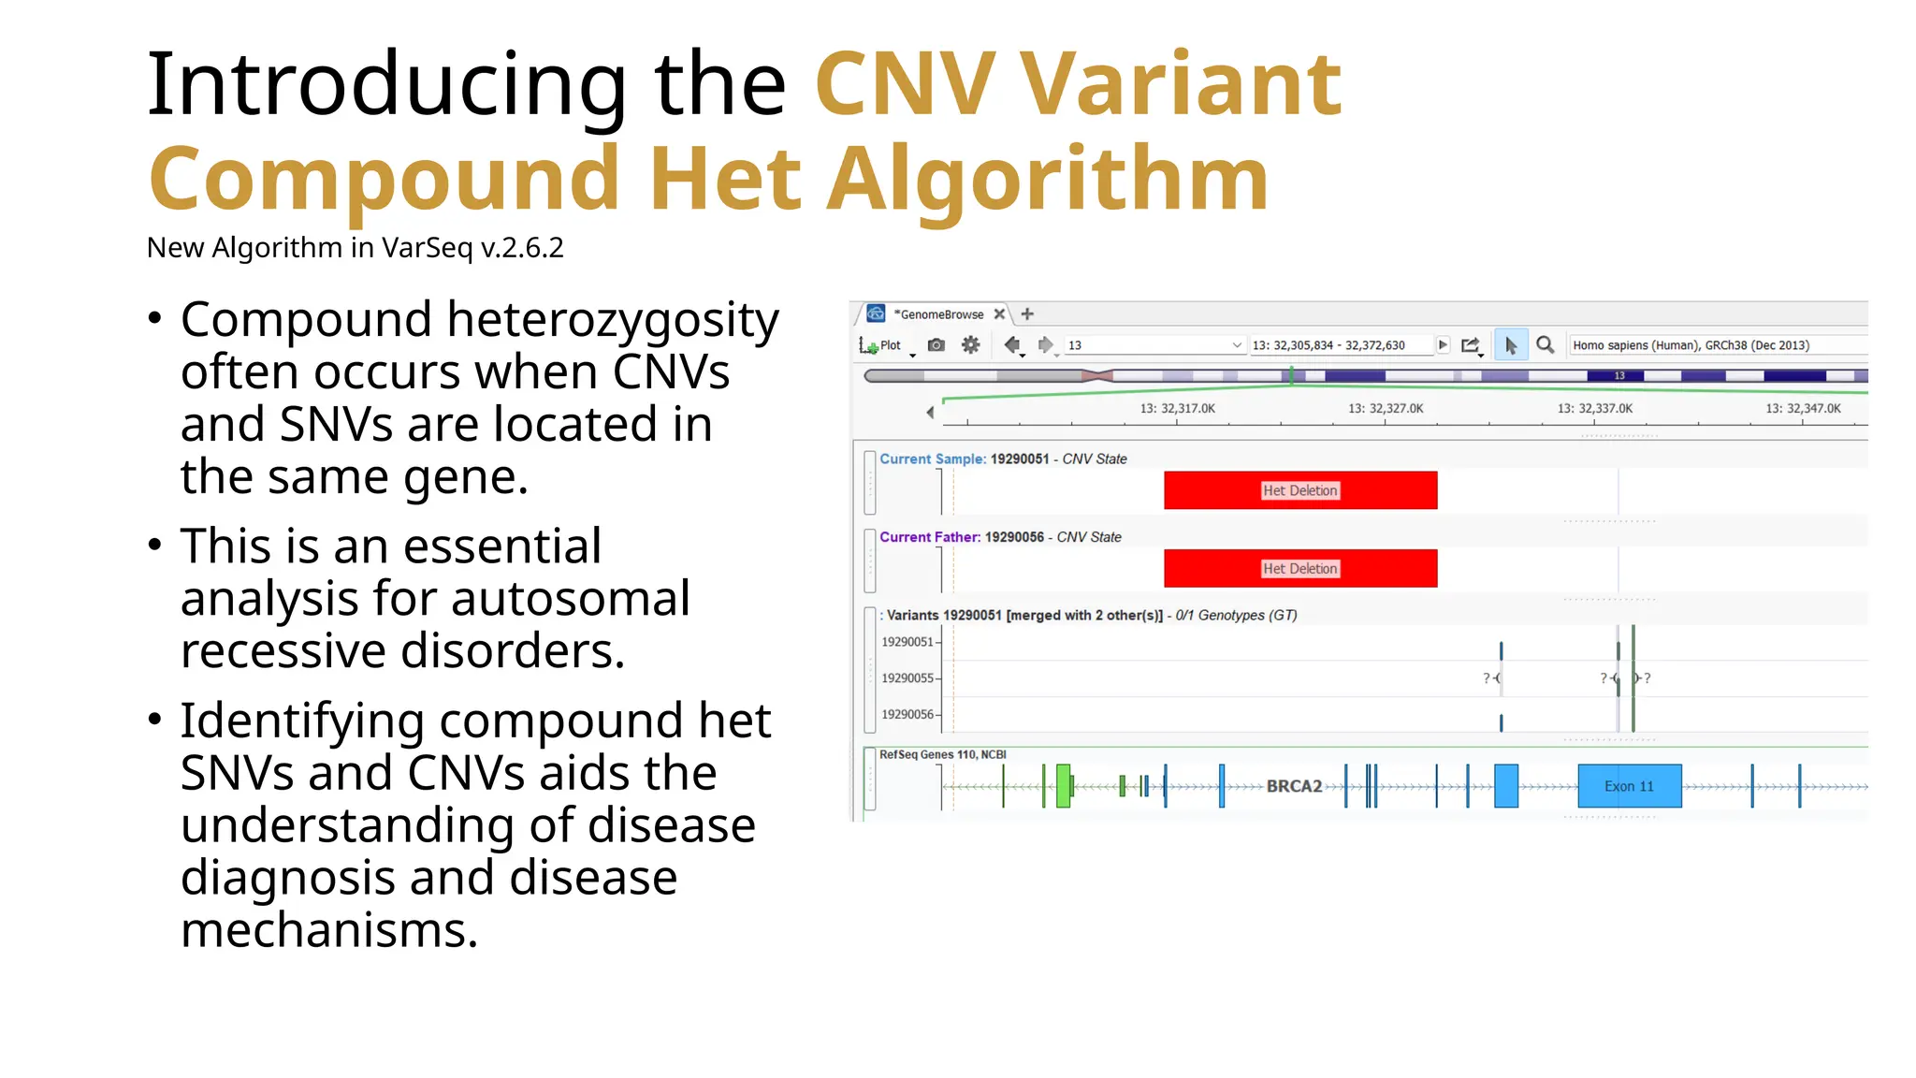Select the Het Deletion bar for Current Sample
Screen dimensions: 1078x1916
coord(1299,490)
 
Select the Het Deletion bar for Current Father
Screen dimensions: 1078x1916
coord(1299,568)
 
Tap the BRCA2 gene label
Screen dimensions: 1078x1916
coord(1294,786)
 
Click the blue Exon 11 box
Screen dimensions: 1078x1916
coord(1629,786)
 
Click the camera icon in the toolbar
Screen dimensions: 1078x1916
coord(936,345)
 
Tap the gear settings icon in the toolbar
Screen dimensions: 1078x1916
coord(970,345)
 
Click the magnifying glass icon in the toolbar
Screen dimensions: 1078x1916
coord(1546,345)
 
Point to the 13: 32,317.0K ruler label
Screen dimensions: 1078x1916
coord(1177,409)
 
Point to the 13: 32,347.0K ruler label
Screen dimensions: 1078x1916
coord(1803,409)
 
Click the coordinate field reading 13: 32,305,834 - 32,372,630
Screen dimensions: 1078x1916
coord(1328,345)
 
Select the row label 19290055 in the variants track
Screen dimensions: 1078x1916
coord(907,678)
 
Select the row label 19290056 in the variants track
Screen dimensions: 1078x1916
coord(907,715)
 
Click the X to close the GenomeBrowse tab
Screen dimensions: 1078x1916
coord(999,314)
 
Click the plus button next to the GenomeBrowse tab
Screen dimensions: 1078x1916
coord(1027,314)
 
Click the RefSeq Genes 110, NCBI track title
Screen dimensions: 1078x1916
coord(942,754)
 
